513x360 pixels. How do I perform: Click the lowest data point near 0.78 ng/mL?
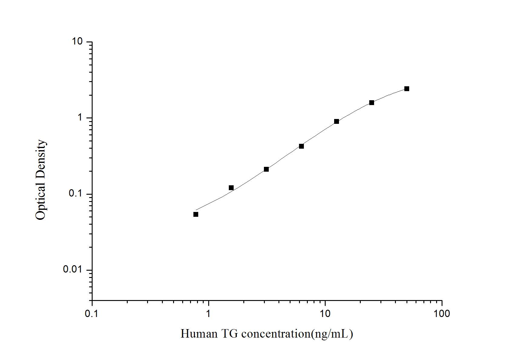tap(196, 214)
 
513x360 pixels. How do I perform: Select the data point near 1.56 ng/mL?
tap(231, 188)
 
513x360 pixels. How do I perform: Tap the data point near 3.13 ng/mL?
tap(266, 169)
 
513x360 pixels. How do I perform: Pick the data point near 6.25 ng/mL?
tap(301, 146)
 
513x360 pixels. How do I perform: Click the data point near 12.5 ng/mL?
tap(337, 121)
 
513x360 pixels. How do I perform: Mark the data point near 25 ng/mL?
tap(372, 103)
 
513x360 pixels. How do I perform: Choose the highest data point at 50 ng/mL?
tap(407, 89)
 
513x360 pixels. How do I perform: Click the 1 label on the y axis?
tap(80, 117)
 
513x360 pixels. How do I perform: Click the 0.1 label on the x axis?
tap(91, 314)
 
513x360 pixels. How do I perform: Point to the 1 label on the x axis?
tap(208, 314)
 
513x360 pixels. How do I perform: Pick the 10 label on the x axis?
tap(325, 314)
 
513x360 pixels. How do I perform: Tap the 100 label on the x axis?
tap(442, 314)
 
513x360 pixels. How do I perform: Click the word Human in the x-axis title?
tap(199, 334)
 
